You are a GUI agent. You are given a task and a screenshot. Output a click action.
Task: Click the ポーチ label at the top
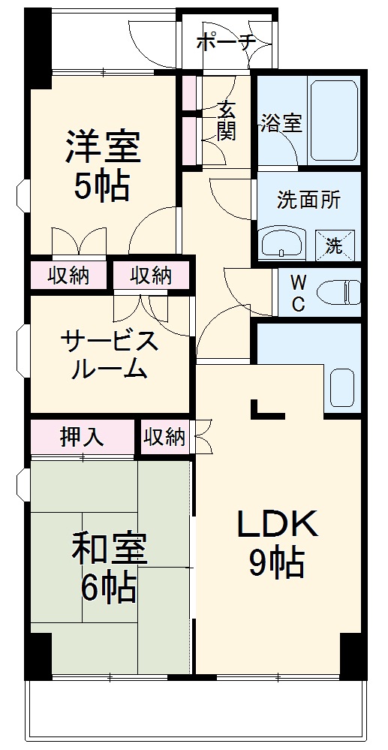click(x=226, y=42)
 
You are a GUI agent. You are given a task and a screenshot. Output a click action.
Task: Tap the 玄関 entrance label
click(x=227, y=120)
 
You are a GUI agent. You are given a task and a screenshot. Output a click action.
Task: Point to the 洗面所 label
click(x=308, y=200)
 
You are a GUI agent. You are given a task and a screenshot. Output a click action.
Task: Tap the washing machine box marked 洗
click(x=332, y=244)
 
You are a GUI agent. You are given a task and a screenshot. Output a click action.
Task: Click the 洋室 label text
click(x=102, y=146)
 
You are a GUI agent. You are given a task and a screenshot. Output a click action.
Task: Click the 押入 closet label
click(x=82, y=437)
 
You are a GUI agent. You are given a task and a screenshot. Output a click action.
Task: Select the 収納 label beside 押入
click(x=164, y=437)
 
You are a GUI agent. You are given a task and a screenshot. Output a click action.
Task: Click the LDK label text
click(x=278, y=524)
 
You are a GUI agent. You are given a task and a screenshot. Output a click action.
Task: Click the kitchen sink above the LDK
click(x=341, y=387)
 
